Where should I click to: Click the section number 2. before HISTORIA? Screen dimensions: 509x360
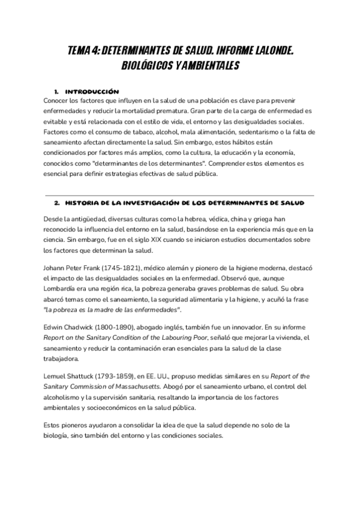tap(57, 203)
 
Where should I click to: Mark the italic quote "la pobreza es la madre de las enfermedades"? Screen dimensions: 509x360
tap(112, 309)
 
